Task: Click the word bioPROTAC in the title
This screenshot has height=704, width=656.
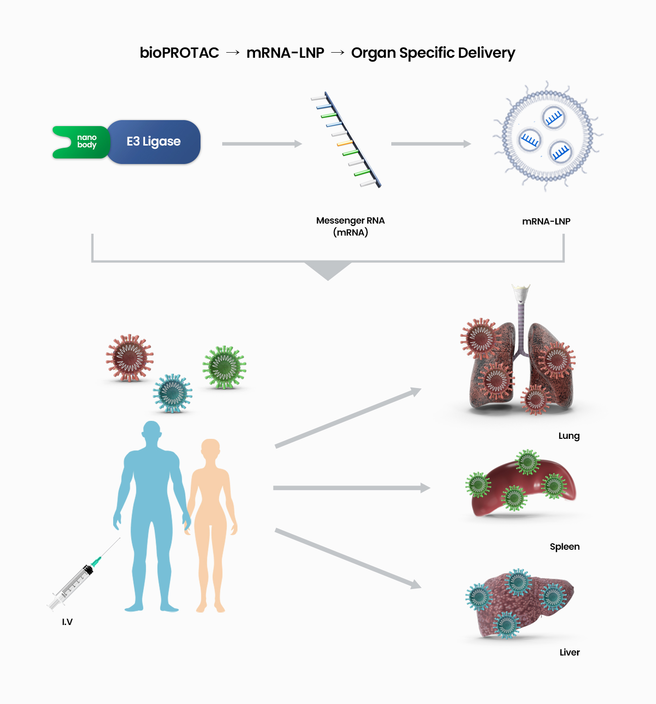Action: coord(179,53)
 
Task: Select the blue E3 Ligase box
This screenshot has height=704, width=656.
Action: coord(154,142)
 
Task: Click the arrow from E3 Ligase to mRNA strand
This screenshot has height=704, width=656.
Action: coord(261,144)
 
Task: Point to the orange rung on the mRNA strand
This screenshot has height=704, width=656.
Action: coord(345,144)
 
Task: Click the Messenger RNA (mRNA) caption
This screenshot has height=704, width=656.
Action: coord(350,226)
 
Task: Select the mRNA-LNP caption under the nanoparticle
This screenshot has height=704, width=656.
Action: coord(546,222)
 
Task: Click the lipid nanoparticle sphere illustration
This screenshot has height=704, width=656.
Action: coord(547,137)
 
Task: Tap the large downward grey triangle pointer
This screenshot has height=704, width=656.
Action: coord(328,270)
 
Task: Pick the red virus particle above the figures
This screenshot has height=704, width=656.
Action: coord(130,358)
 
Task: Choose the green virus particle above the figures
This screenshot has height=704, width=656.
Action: coord(225,367)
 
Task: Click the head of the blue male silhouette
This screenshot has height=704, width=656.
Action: coord(152,431)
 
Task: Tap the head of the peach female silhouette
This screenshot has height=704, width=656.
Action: coord(211,448)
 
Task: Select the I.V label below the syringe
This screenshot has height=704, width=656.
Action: coord(67,622)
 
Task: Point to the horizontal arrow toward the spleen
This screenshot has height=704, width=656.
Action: coord(351,488)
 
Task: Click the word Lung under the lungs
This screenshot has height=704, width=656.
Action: coord(569,436)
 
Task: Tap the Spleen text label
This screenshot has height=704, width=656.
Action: coord(565,547)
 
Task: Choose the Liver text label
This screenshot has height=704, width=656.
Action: coord(569,652)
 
